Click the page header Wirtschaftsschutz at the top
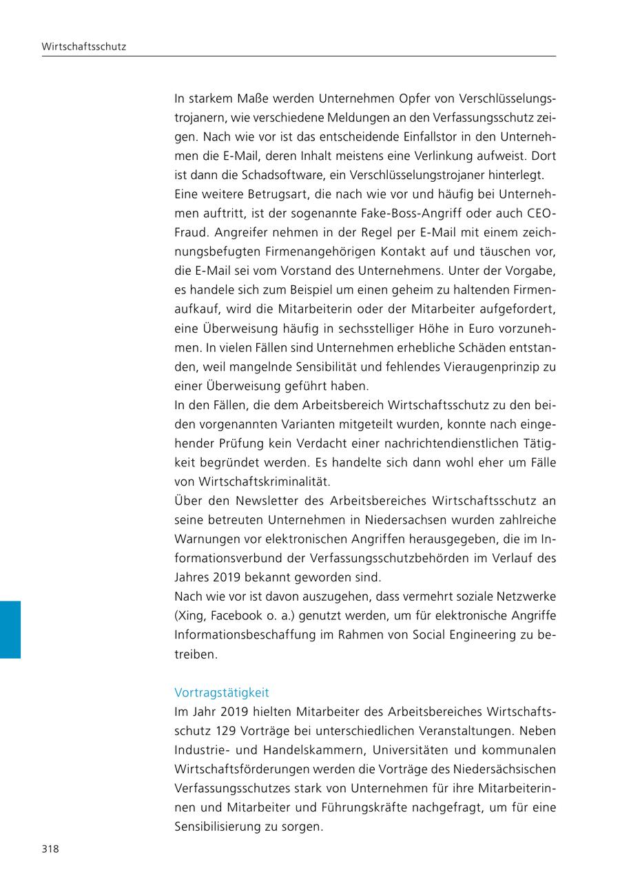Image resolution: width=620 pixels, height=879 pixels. pos(83,47)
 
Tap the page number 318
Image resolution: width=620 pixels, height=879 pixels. pos(50,849)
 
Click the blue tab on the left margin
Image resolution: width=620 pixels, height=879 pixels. pos(10,629)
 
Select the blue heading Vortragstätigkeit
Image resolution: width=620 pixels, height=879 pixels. pos(222,692)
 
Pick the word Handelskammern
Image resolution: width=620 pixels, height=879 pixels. pos(283,749)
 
